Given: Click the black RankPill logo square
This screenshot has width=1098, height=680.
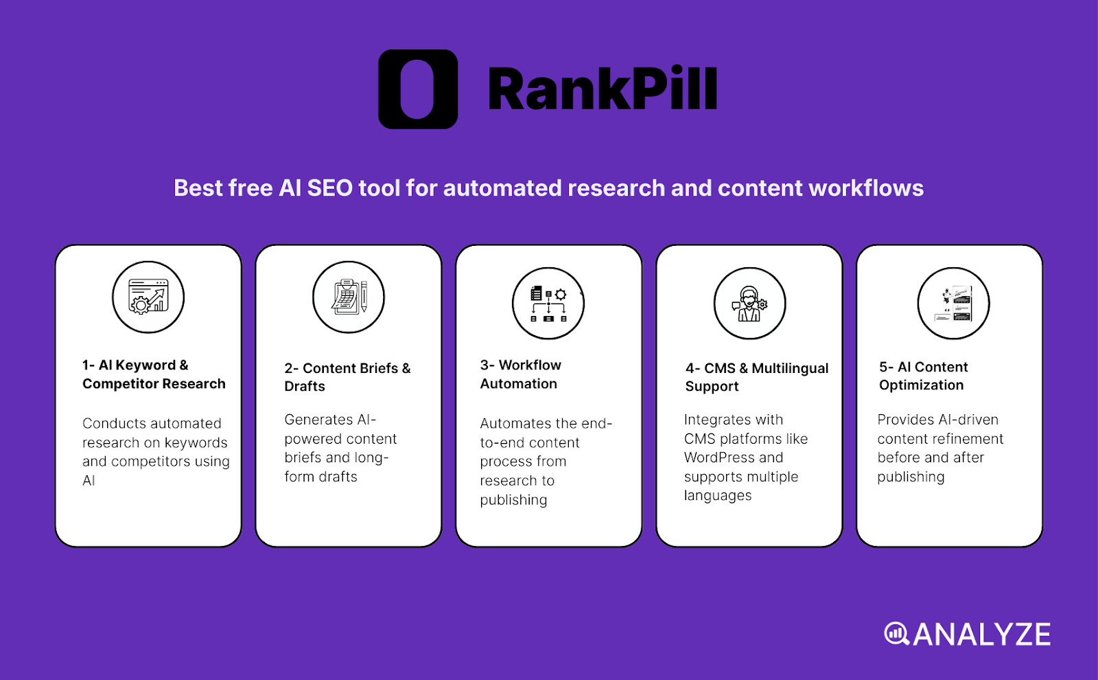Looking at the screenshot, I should (x=418, y=89).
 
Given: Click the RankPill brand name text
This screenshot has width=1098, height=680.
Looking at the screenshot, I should (x=603, y=90).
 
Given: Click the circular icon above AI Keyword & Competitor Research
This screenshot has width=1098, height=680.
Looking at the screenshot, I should (x=148, y=297).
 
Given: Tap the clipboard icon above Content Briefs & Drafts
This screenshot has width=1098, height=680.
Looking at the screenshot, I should (x=349, y=297).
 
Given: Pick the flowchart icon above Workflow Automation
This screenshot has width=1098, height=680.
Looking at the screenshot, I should (x=548, y=304).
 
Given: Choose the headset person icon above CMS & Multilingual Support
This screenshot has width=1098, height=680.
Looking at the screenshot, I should (x=749, y=304).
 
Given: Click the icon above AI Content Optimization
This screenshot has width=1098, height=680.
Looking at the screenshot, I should (x=953, y=304).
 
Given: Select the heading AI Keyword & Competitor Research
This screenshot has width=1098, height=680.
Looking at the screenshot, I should (x=154, y=374).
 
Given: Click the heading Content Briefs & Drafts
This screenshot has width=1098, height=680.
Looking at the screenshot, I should (x=347, y=377).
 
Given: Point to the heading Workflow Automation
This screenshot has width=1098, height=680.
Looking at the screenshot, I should (x=520, y=374).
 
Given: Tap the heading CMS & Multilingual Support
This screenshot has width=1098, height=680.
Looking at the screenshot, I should (x=756, y=377).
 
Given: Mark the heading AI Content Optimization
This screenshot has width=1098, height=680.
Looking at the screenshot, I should (x=923, y=376).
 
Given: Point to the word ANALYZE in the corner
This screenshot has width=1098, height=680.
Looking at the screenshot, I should (x=981, y=635).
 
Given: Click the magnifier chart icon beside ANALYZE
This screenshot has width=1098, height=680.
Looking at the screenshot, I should (x=896, y=633).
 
